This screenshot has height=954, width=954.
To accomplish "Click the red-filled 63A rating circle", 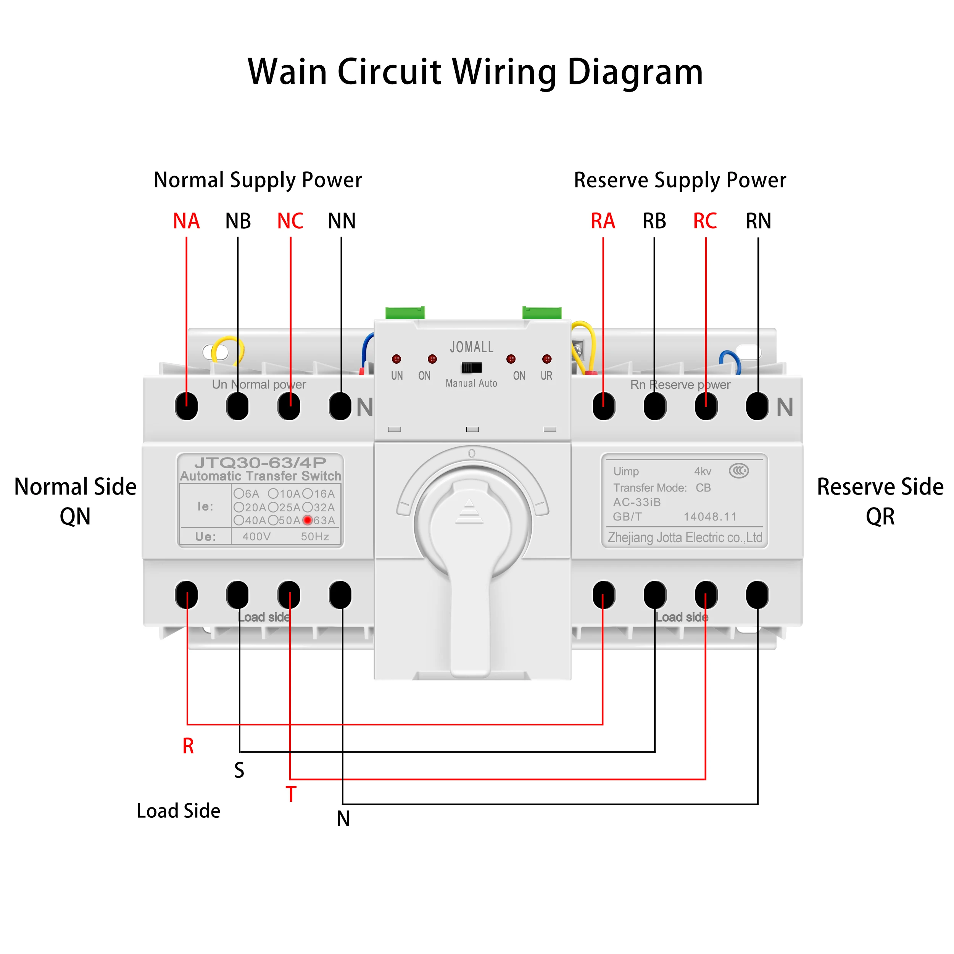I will pos(308,520).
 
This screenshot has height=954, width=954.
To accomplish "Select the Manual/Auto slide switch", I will pos(472,367).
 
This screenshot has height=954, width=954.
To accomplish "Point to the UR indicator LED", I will pos(546,359).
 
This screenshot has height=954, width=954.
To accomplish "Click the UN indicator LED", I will pos(396,359).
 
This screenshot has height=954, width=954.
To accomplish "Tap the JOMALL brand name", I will pos(472,347).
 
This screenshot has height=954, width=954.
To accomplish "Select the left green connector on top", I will pos(405,313).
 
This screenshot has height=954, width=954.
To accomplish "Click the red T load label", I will pos(291,794).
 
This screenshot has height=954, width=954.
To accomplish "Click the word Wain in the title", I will pos(287,72).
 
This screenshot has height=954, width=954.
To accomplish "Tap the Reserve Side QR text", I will pos(880,501).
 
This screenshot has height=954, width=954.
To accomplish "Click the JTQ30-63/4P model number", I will pos(260,462).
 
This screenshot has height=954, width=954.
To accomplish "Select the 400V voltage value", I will pos(256,536).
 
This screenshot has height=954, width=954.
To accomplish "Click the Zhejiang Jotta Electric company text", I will pos(685,537).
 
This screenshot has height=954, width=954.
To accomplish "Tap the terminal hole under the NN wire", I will pos(340,406).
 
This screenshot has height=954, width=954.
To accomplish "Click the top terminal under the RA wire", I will pos(603,406).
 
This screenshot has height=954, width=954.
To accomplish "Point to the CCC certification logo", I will pos(739,471).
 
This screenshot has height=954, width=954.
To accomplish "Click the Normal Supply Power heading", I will pos(258,180).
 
